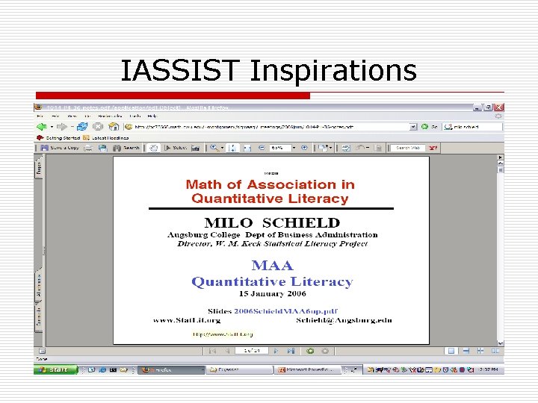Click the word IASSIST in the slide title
pyautogui.click(x=182, y=71)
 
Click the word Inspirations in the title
pyautogui.click(x=333, y=71)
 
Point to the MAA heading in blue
pyautogui.click(x=272, y=266)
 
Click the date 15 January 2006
pyautogui.click(x=272, y=294)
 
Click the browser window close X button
pyautogui.click(x=498, y=107)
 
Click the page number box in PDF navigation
pyautogui.click(x=249, y=350)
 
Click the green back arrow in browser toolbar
pyautogui.click(x=42, y=127)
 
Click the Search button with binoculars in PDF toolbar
pyautogui.click(x=127, y=148)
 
